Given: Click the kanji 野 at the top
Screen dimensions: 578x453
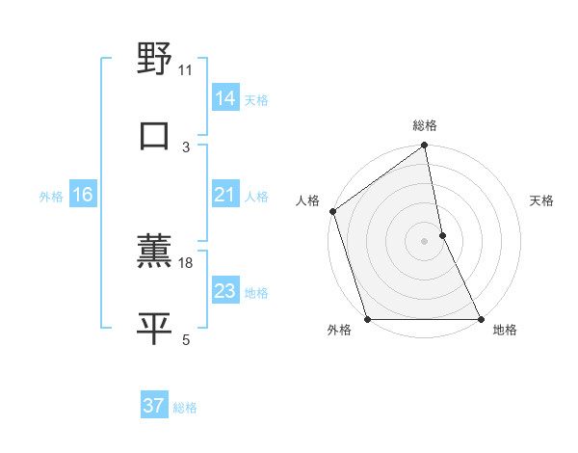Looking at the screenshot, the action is [154, 60].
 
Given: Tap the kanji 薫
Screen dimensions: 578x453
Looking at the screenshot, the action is [154, 253].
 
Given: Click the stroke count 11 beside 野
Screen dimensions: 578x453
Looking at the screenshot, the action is [186, 69].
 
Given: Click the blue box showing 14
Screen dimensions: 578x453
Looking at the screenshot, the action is [224, 97].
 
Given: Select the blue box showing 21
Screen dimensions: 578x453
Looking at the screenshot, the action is [224, 196].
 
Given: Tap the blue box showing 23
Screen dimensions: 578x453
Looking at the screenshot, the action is [224, 291].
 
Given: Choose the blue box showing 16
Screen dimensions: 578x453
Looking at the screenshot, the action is [82, 196].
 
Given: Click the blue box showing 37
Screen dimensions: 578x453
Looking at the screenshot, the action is [153, 406].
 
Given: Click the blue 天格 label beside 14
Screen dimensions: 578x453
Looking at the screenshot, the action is [256, 99].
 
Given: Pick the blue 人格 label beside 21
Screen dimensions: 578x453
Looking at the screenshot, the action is [256, 197].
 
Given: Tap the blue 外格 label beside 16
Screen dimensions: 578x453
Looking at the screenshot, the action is [51, 197].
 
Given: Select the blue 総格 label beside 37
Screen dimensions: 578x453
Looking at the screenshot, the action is [185, 408].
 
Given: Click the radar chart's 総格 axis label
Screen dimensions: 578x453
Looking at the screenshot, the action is [425, 125].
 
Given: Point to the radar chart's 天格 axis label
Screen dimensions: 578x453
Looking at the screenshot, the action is [541, 200].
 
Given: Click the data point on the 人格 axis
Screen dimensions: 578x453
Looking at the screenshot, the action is [333, 211].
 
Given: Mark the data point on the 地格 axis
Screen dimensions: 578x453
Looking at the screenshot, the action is [480, 319].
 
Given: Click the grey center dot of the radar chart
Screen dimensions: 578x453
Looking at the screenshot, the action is [425, 240].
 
